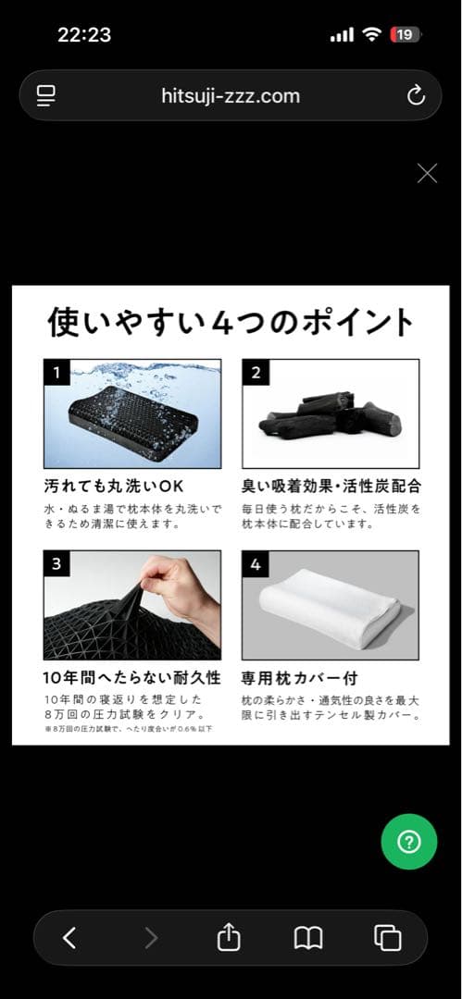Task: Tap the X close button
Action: (427, 173)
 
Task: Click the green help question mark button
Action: (408, 842)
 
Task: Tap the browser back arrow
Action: (69, 938)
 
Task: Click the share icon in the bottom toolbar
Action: (229, 937)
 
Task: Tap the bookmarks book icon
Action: (308, 938)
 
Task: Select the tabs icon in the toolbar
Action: (387, 938)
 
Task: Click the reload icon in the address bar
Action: (416, 95)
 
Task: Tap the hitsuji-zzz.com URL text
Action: (231, 95)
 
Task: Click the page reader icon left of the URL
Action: (46, 95)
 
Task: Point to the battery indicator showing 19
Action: (405, 34)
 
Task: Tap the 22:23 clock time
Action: (84, 34)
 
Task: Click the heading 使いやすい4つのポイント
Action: (231, 323)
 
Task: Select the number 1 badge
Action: (56, 373)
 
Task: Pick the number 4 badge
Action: (255, 564)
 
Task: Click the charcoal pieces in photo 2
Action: (331, 417)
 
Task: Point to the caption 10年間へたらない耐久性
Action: (132, 678)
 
